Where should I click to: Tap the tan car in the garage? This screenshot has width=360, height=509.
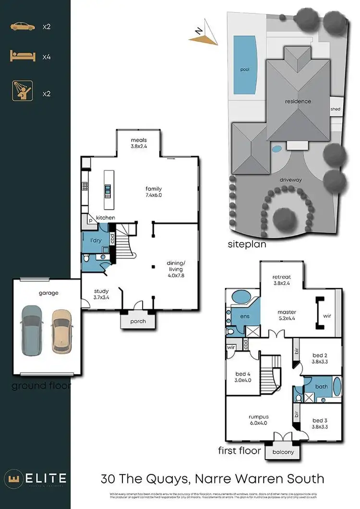[61, 329]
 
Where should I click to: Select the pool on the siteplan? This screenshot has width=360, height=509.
[245, 65]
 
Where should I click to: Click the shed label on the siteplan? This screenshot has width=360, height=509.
[335, 109]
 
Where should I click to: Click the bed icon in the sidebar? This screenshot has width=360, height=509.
[23, 57]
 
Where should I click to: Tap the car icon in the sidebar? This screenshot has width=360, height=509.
[23, 26]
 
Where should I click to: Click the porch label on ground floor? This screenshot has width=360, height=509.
[138, 321]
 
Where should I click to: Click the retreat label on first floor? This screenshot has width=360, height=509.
[281, 280]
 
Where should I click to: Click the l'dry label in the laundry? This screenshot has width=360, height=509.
[96, 241]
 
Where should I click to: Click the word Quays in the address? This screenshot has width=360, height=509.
[168, 478]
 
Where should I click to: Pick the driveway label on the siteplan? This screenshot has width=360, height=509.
[290, 180]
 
